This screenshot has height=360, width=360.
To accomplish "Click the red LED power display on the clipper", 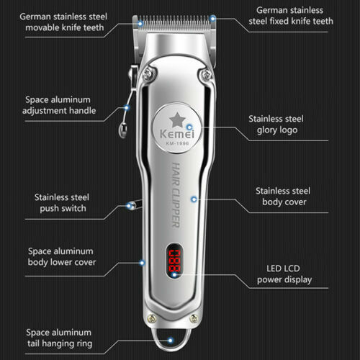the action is pos(174,261).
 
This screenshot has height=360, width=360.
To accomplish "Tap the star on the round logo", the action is pos(177,120).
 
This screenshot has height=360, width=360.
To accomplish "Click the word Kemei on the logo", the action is pos(177,134).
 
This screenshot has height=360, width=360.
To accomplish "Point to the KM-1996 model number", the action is pos(177,143).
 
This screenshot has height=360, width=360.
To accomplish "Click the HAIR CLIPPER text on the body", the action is pos(176,195).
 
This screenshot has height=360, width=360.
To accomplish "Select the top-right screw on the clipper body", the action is pos(206,74).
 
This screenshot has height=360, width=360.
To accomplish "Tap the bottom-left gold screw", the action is pos(152,318).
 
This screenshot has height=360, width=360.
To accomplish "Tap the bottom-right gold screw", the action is pos(194,319).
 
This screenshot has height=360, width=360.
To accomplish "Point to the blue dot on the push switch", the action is pos(129,206).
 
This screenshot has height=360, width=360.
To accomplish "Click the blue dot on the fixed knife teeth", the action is pos(212,18).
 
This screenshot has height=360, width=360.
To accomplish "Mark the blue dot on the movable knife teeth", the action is pos(140,24).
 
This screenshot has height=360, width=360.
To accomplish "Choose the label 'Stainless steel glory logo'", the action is pos(276,125).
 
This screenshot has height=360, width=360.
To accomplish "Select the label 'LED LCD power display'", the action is pos(284,274).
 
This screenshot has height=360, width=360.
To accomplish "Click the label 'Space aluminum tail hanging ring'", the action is pos(59,338).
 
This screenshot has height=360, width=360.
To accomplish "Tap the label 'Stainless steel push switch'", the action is pos(62,203).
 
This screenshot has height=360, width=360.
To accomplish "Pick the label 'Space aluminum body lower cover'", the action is pos(62,256).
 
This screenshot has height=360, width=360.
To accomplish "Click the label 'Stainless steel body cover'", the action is pos(283,197).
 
